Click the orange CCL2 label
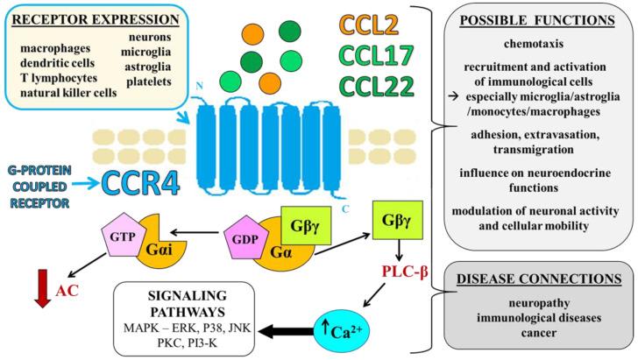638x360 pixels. click(369, 25)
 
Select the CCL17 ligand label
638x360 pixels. click(376, 55)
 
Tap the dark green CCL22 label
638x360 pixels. click(376, 86)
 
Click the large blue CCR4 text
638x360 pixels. click(140, 183)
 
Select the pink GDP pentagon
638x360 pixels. click(246, 237)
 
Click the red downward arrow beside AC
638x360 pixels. click(42, 288)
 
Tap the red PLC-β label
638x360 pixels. click(405, 272)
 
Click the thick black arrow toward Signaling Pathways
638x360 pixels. click(286, 331)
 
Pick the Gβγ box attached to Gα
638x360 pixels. click(306, 225)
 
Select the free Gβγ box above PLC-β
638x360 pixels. click(397, 221)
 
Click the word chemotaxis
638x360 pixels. click(534, 43)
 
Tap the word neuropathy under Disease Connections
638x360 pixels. click(539, 303)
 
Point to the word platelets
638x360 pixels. click(148, 81)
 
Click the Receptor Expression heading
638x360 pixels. click(96, 19)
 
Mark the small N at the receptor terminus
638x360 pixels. click(200, 86)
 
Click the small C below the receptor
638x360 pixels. click(345, 209)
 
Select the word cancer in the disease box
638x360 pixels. click(539, 333)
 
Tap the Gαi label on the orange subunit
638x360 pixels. click(159, 249)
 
